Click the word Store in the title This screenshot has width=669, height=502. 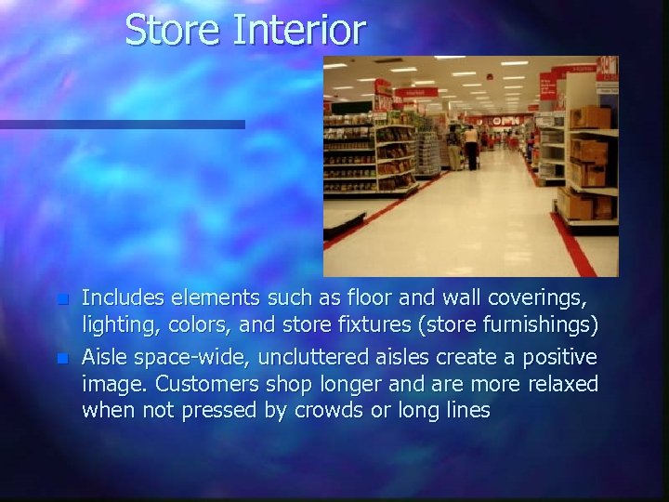pos(174,30)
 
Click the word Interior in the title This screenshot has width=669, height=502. pos(299,30)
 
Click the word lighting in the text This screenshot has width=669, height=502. pos(116,326)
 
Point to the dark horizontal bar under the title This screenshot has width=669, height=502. pos(122,125)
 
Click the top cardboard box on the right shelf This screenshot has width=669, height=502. pos(589,117)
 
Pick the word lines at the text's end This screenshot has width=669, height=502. pos(466,410)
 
